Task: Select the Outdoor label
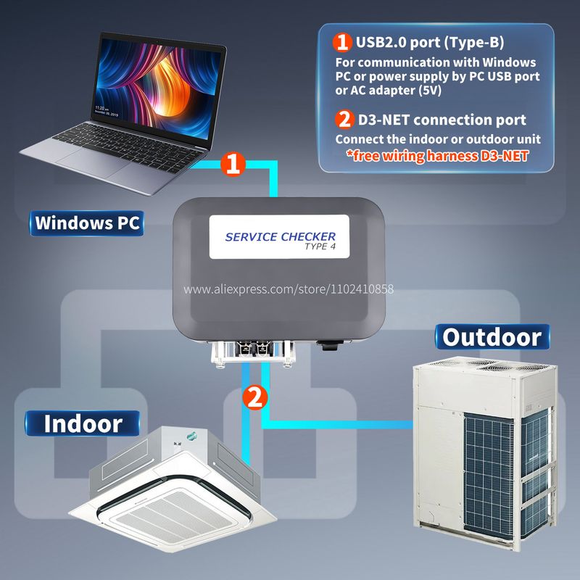492,336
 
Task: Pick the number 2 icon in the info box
341,119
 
